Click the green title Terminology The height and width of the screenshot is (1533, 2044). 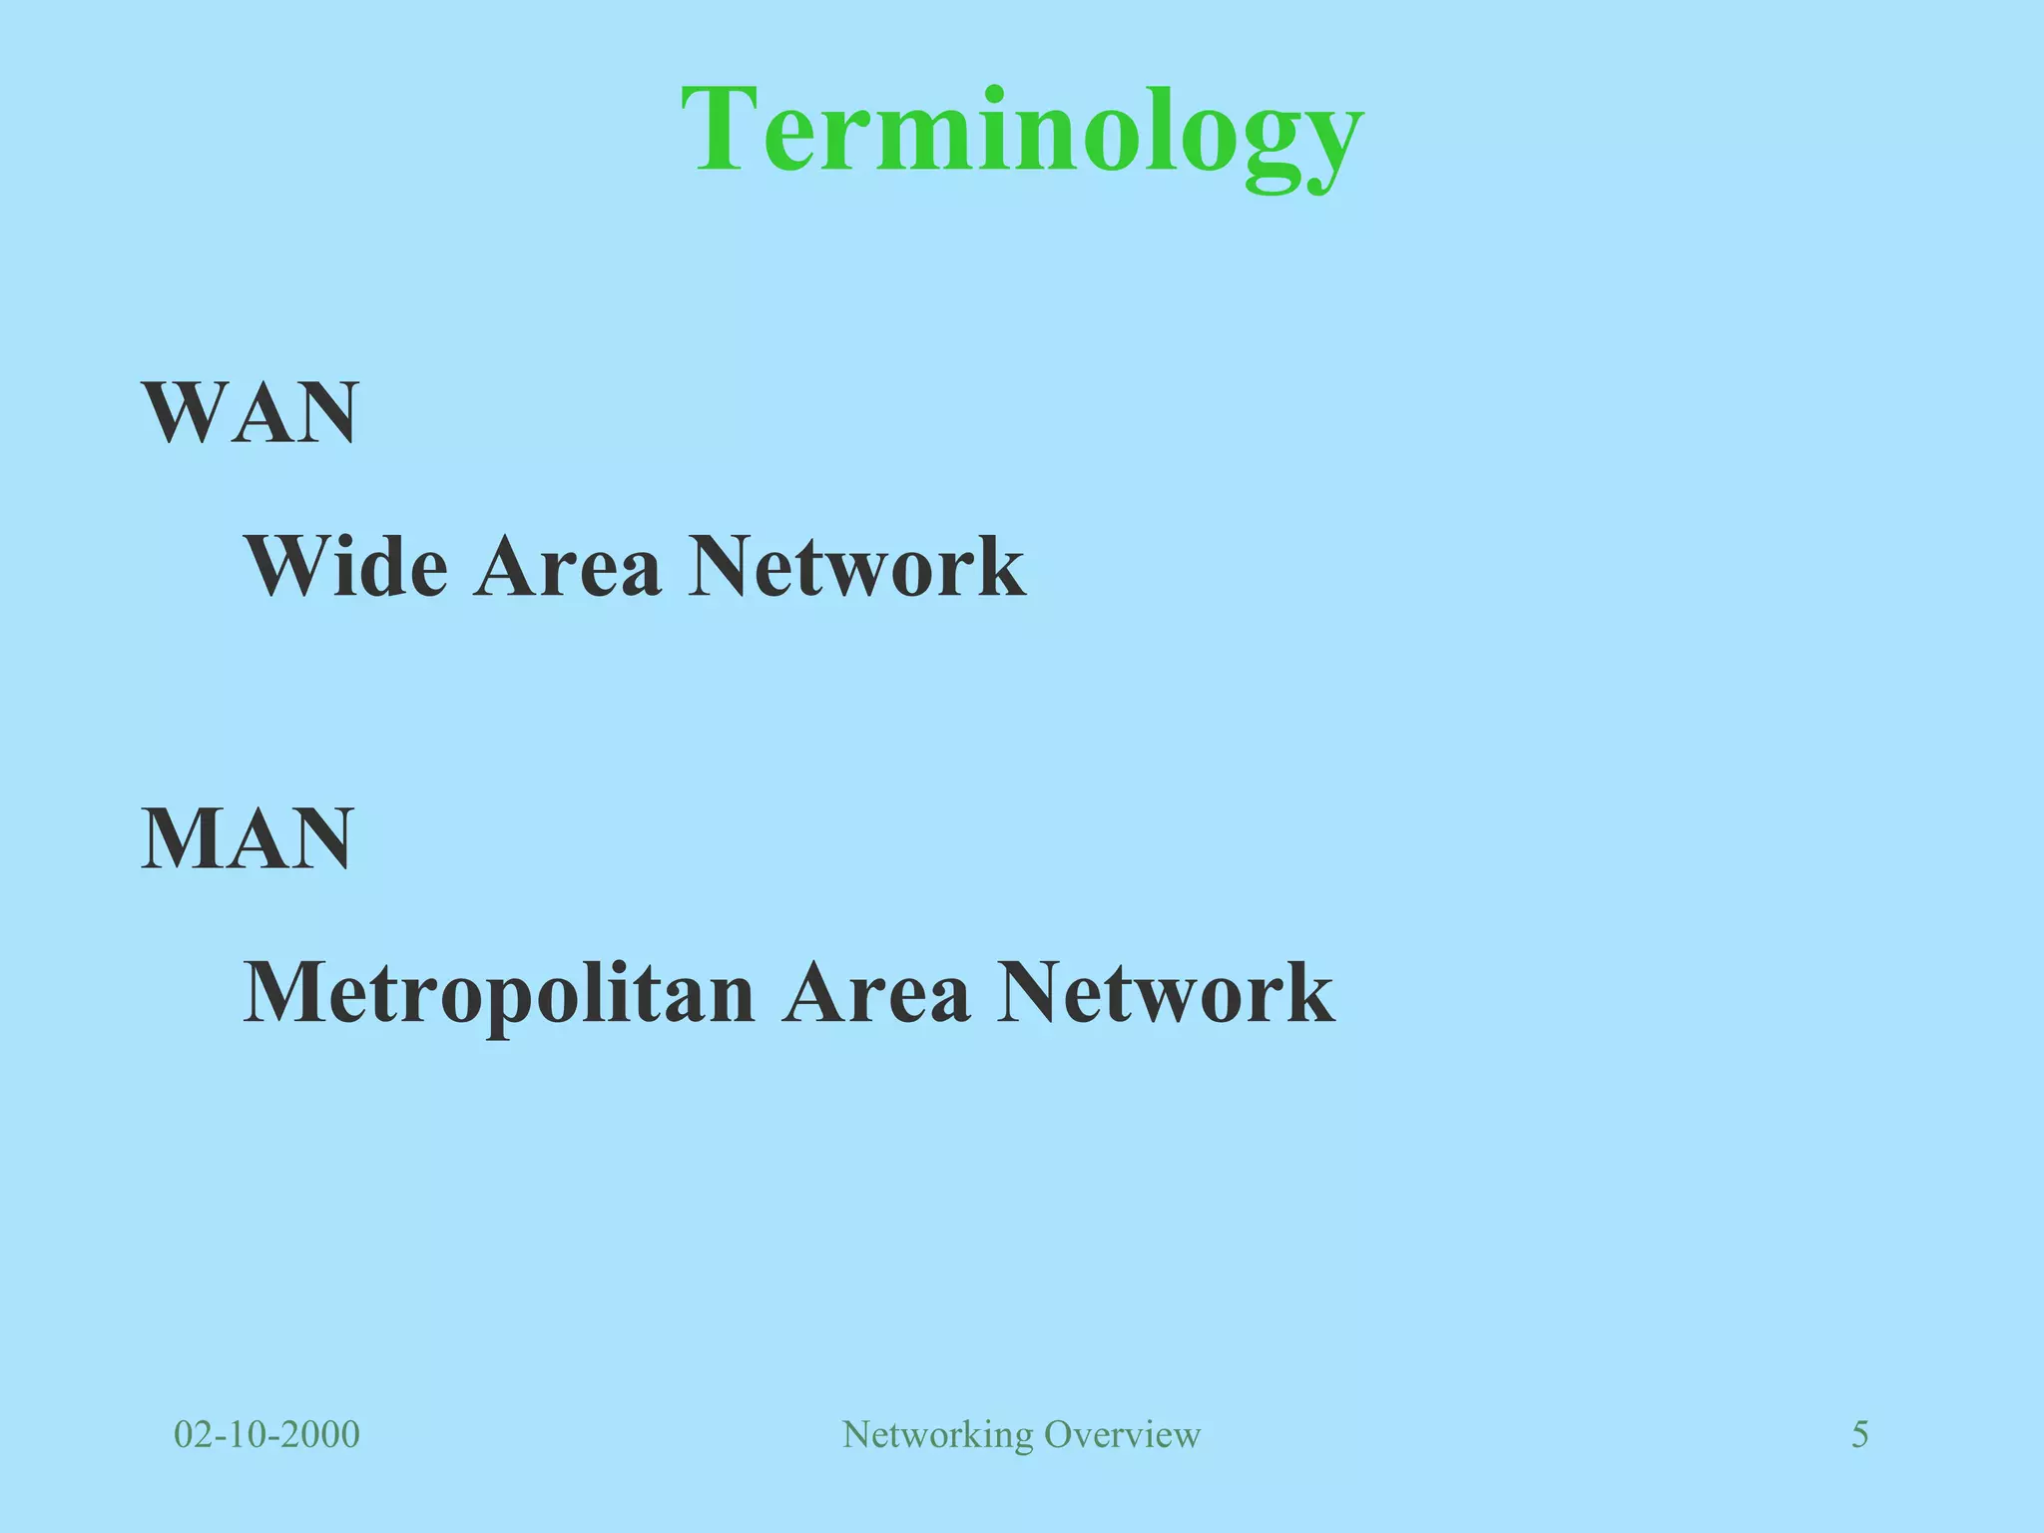[x=1022, y=132]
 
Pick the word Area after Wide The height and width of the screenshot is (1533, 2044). [x=567, y=566]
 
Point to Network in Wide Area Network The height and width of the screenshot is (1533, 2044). [x=856, y=566]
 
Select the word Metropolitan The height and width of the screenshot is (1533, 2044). [x=499, y=993]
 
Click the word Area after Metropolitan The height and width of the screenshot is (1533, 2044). [x=876, y=993]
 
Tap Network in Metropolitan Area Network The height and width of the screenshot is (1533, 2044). [x=1165, y=993]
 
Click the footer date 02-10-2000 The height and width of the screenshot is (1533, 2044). [x=266, y=1434]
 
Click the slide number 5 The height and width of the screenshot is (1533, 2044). [x=1859, y=1434]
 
